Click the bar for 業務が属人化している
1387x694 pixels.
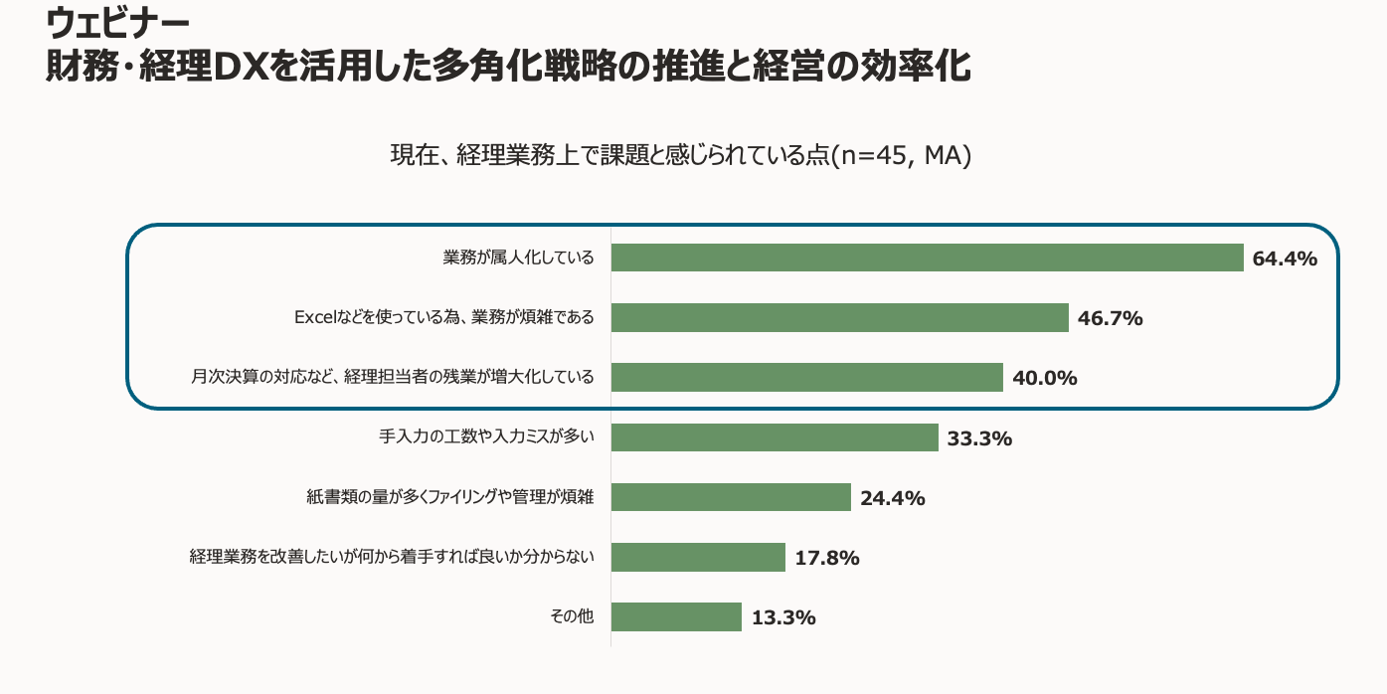[x=927, y=258]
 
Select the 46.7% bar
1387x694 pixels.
[x=839, y=318]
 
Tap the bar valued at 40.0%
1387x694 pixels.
[x=806, y=378]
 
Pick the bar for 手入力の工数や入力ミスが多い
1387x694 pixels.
[x=775, y=437]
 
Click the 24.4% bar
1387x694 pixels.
[x=731, y=497]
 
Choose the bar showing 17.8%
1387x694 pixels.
[x=698, y=557]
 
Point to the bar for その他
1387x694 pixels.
[x=676, y=616]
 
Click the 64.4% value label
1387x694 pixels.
[x=1285, y=260]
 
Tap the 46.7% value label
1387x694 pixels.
[x=1110, y=319]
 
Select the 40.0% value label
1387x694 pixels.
[x=1044, y=379]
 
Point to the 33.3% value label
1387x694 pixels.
[x=979, y=438]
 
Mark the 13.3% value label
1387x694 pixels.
[x=782, y=617]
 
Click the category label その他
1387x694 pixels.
[x=572, y=616]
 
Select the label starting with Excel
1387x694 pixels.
[x=443, y=318]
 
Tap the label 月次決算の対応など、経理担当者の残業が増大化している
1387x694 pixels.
[x=393, y=378]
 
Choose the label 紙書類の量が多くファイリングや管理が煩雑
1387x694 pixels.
[x=449, y=497]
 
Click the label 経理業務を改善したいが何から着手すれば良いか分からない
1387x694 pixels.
[x=392, y=557]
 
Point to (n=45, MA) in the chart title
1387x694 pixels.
[x=900, y=156]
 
